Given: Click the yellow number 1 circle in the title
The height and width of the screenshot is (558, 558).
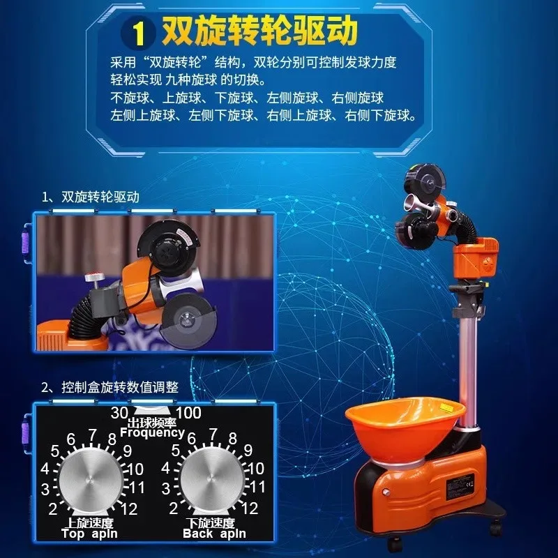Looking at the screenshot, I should (x=141, y=32).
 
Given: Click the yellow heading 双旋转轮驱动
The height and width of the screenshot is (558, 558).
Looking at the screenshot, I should (x=259, y=31).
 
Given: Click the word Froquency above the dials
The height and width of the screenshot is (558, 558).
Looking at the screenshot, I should (x=152, y=432).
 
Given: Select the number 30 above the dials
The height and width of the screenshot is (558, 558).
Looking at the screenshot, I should (x=119, y=413).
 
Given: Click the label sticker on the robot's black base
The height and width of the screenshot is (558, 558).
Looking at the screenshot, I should (x=461, y=481).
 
